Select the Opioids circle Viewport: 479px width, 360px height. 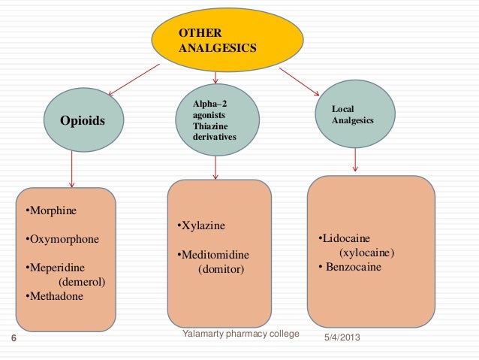tap(83, 121)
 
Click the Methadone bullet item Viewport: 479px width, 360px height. tap(56, 296)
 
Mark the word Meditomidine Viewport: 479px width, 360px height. tap(215, 255)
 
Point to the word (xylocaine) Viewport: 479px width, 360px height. tap(367, 253)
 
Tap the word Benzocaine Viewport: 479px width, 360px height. tap(354, 267)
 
